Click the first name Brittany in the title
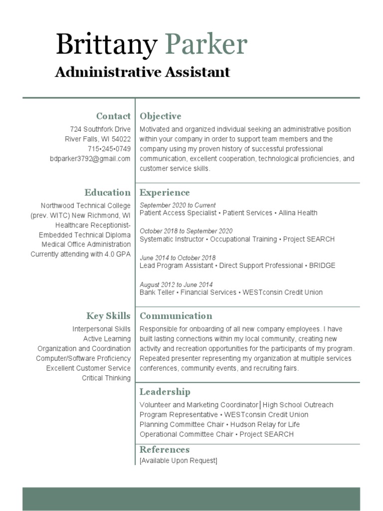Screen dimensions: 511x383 pyautogui.click(x=106, y=45)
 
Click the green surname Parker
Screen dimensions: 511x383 pyautogui.click(x=206, y=45)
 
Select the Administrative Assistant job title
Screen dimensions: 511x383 pyautogui.click(x=142, y=72)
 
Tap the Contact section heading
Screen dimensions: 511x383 pyautogui.click(x=113, y=116)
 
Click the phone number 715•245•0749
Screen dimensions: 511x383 pyautogui.click(x=109, y=149)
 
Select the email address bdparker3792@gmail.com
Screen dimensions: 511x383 pyautogui.click(x=90, y=159)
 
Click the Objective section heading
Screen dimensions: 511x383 pyautogui.click(x=160, y=116)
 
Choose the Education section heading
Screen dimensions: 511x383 pyautogui.click(x=107, y=193)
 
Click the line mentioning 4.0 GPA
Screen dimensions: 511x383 pyautogui.click(x=81, y=254)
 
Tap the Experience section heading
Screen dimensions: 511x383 pyautogui.click(x=165, y=193)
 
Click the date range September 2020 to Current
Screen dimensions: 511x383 pyautogui.click(x=178, y=205)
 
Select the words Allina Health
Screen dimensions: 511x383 pyautogui.click(x=298, y=213)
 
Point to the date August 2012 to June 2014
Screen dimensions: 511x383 pyautogui.click(x=176, y=284)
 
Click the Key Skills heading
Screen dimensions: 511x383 pyautogui.click(x=108, y=316)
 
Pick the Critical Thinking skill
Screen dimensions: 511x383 pyautogui.click(x=106, y=378)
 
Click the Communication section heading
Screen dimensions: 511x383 pyautogui.click(x=176, y=316)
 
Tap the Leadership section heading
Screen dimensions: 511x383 pyautogui.click(x=165, y=392)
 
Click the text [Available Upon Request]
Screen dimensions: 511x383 pyautogui.click(x=178, y=461)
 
